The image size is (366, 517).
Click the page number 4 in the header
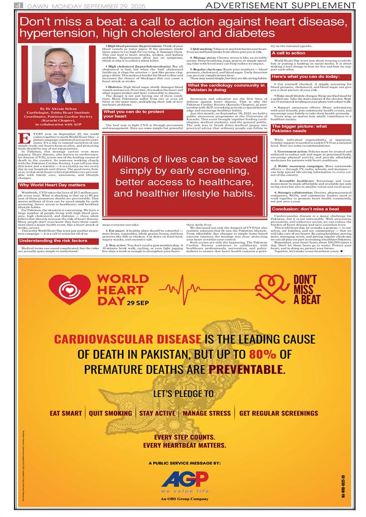pyautogui.click(x=19, y=5)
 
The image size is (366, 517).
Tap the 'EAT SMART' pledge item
pyautogui.click(x=66, y=413)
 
